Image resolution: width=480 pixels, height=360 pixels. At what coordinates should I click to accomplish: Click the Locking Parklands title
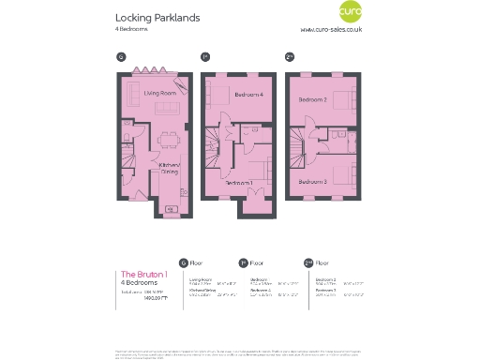[157, 18]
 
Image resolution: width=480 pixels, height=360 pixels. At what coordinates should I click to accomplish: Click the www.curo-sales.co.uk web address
[331, 30]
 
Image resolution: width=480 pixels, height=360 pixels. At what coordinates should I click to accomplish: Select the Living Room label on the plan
[160, 93]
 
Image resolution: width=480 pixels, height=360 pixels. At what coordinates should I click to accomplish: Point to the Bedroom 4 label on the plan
[248, 94]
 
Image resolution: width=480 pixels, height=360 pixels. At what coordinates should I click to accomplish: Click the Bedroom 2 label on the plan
[312, 99]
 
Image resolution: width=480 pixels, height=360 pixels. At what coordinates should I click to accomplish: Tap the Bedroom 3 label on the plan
[312, 180]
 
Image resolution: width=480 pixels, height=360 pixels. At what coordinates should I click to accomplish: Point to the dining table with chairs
[171, 142]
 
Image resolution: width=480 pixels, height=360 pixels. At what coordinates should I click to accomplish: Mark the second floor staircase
[297, 145]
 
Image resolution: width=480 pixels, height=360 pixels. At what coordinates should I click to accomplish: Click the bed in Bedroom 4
[218, 96]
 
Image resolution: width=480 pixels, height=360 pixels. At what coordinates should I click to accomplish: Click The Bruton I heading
[144, 274]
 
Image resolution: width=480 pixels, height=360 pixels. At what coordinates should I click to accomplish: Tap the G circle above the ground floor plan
[121, 57]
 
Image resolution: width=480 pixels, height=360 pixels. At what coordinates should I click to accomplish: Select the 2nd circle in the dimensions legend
[308, 263]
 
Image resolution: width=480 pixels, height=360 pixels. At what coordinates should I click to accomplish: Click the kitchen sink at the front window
[172, 207]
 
